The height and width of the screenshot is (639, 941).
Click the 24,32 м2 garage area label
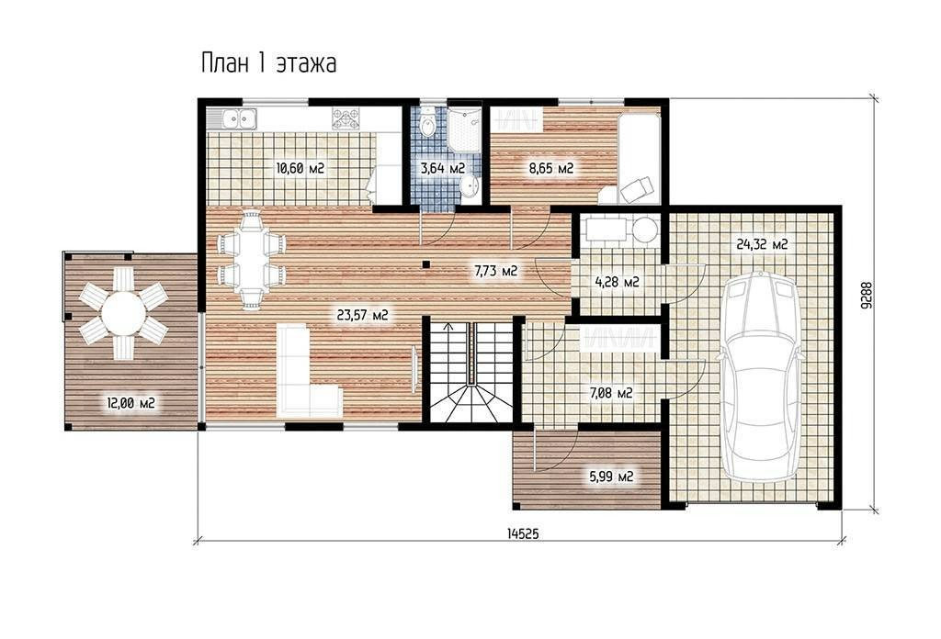click(x=762, y=244)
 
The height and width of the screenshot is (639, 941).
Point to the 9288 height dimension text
click(x=865, y=296)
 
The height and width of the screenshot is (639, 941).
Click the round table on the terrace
click(x=123, y=313)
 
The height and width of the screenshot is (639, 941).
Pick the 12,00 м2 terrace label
click(x=130, y=403)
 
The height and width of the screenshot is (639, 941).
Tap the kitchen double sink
click(x=240, y=118)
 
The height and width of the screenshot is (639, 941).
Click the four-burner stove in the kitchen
click(x=346, y=118)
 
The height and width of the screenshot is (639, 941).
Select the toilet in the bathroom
click(x=428, y=123)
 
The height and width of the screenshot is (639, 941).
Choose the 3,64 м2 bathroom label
click(x=443, y=168)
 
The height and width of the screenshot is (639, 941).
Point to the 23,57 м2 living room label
click(x=362, y=315)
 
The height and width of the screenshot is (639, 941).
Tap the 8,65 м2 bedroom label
click(x=551, y=168)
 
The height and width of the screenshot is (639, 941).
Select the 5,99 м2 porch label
click(x=610, y=476)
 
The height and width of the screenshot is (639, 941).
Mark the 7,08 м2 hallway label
click(x=610, y=393)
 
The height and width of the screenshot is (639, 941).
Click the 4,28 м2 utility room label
click(x=617, y=281)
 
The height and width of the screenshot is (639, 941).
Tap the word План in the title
click(x=224, y=63)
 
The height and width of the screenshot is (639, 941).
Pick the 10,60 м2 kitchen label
click(x=300, y=168)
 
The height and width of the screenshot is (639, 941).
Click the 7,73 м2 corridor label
click(x=495, y=271)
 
